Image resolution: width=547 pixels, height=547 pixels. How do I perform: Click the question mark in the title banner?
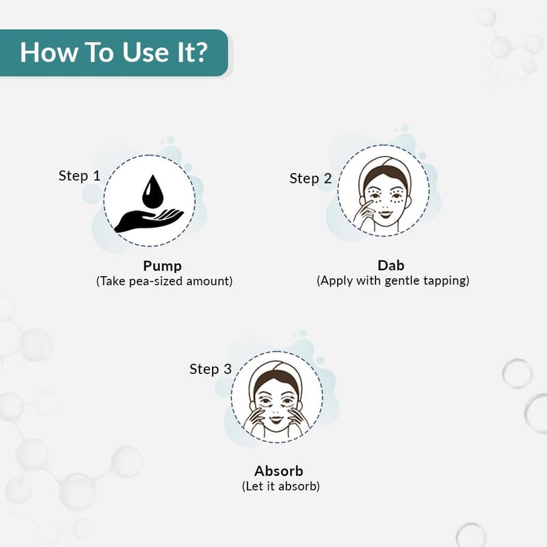click(200, 53)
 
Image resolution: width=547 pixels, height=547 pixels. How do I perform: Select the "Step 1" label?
click(79, 176)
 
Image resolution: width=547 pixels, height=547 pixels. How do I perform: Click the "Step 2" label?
click(310, 178)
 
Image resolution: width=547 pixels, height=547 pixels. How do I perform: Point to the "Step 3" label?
click(211, 369)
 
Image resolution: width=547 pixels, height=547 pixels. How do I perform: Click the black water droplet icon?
click(152, 191)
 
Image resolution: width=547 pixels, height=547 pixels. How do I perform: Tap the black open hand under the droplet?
click(148, 220)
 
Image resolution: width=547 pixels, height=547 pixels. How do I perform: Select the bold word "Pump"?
click(162, 266)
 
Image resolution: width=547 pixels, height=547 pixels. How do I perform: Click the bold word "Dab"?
click(390, 265)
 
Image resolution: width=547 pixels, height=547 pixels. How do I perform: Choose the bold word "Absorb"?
click(278, 470)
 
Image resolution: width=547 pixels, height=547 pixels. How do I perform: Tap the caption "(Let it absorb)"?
click(280, 486)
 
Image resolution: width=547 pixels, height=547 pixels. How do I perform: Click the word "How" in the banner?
click(49, 53)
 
